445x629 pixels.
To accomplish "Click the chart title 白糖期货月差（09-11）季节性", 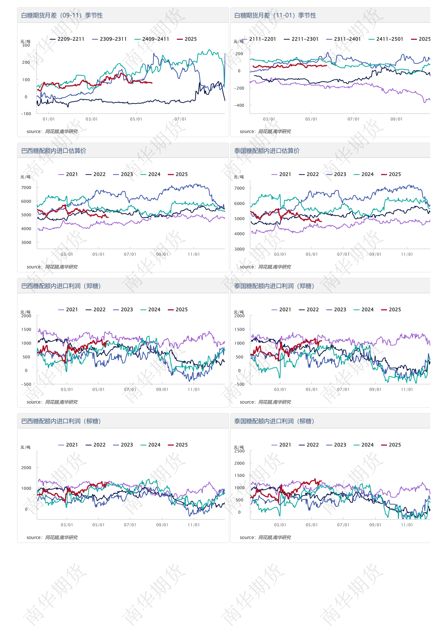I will [62, 15].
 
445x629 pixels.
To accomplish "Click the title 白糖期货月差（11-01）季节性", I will [275, 15].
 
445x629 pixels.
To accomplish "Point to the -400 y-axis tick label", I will [239, 105].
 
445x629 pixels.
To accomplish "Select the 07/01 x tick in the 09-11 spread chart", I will [180, 119].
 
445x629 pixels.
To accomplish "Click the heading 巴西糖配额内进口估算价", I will [54, 151].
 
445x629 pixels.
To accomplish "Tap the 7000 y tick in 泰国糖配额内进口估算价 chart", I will [239, 188].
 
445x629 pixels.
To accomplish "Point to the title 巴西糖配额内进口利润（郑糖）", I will [61, 286].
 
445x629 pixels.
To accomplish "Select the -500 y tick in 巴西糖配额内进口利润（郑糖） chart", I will [26, 384].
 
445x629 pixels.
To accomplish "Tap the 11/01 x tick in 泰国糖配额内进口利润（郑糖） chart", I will [407, 390].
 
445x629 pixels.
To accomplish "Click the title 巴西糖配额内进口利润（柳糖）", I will [61, 421].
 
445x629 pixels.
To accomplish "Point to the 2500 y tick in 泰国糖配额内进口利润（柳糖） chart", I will [239, 451].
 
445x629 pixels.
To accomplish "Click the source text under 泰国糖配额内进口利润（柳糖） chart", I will [265, 537].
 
